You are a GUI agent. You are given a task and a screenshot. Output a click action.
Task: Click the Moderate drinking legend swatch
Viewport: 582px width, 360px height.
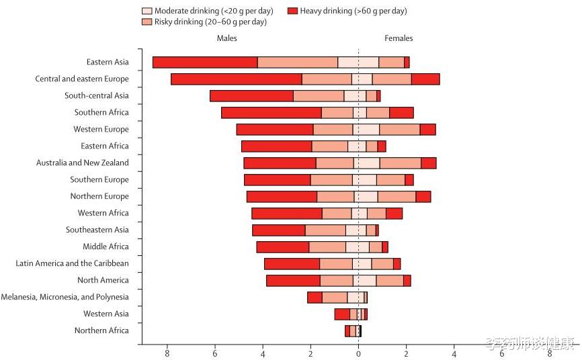(x=147, y=11)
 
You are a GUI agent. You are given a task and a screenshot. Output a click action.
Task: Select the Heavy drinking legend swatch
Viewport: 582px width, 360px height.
(x=293, y=11)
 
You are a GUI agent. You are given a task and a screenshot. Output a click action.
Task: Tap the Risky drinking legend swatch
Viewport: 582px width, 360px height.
(x=147, y=21)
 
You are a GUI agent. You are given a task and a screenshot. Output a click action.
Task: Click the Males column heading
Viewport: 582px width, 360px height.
(x=226, y=38)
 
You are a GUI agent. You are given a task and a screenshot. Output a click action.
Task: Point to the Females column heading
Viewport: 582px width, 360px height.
(x=399, y=38)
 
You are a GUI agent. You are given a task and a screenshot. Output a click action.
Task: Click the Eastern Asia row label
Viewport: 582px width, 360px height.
(x=108, y=62)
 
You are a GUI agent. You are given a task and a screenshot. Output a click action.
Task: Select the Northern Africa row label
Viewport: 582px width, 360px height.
(x=101, y=330)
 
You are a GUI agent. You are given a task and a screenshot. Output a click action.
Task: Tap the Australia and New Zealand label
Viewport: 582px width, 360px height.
(x=83, y=163)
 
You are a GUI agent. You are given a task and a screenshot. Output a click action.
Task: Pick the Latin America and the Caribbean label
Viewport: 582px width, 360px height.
(x=72, y=263)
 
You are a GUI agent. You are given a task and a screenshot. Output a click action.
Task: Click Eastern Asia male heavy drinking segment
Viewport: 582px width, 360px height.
(x=205, y=62)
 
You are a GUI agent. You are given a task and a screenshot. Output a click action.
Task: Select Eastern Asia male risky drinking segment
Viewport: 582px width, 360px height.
(x=298, y=62)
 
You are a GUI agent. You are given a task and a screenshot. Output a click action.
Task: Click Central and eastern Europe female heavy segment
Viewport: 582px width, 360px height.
(x=425, y=79)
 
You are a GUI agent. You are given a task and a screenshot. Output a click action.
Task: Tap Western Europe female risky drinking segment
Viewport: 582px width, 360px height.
(x=400, y=130)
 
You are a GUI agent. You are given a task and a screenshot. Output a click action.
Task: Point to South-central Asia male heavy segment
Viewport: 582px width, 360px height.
(x=251, y=96)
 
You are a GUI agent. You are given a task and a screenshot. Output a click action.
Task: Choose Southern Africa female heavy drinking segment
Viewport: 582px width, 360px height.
(x=401, y=113)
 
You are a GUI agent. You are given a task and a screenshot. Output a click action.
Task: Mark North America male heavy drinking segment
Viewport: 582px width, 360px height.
(x=293, y=281)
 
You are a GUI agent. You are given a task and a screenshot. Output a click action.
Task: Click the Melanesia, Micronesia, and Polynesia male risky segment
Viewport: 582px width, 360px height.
(x=335, y=298)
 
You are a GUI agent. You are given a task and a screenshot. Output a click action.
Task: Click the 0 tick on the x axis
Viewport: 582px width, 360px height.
(x=358, y=353)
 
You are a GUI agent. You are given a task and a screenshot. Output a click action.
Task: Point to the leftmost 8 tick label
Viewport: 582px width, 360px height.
(x=167, y=353)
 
